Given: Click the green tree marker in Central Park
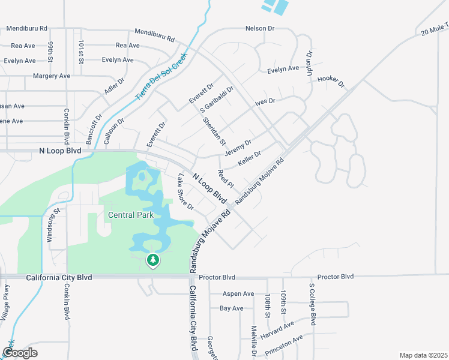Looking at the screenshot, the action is coord(153,260).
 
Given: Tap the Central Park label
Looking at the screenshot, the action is coord(131,215).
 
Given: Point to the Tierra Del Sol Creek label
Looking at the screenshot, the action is coord(161,77).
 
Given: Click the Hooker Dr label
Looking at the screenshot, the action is coord(331,80).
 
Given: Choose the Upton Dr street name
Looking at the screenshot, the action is coord(310,62).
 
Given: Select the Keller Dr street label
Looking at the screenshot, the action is coord(249,159).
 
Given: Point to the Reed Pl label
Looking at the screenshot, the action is coord(226,178).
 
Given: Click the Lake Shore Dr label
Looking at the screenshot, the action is coord(185,192).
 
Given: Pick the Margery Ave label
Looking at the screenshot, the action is coord(52,76).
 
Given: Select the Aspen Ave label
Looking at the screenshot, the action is coord(238,293).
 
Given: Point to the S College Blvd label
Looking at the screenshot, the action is coord(312,304).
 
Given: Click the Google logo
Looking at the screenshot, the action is coord(20,353).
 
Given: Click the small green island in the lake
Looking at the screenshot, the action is coord(142,176).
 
